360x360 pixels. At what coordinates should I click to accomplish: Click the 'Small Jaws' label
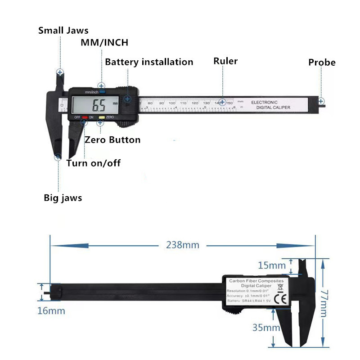coord(63,31)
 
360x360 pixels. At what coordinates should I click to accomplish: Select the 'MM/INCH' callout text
coord(104,43)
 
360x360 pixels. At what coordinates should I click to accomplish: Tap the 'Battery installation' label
coord(149,62)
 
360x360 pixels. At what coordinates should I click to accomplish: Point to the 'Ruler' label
coord(225,61)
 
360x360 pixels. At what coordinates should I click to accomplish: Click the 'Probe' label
coord(322,63)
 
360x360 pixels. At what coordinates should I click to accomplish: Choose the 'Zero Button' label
coord(112,140)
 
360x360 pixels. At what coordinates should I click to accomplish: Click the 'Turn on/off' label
coord(94,163)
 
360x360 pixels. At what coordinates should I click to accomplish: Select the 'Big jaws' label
coord(63,198)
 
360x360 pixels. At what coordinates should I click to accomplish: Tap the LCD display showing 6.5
coord(95,106)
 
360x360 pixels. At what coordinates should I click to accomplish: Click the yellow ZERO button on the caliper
coord(102,118)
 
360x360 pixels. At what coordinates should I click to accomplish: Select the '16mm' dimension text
coord(51,311)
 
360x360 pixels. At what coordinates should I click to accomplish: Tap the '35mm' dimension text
coord(266,328)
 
